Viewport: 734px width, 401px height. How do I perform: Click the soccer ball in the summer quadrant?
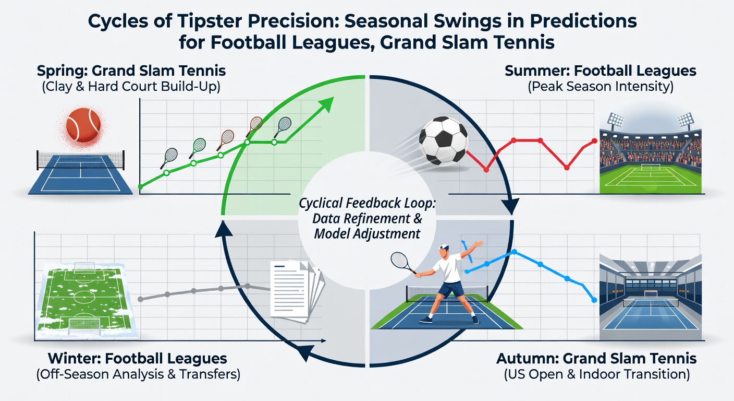coord(443,141)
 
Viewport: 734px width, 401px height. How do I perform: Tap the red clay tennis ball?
coord(83,125)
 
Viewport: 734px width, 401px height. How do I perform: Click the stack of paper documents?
coord(296,291)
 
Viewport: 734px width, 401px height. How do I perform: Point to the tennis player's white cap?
coord(444,247)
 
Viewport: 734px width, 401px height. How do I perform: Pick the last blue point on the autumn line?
coord(594,300)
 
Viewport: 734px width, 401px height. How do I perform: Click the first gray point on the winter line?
coord(141,299)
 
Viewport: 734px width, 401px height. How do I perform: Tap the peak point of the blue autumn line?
coord(514,252)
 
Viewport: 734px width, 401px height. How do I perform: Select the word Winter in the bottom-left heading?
coord(74,358)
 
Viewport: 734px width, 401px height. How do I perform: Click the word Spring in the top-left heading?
coord(62,71)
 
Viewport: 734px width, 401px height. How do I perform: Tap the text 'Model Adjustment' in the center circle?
coord(367,234)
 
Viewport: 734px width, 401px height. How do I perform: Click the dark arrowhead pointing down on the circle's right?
coord(510,206)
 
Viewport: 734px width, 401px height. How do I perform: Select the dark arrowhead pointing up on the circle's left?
coord(224,229)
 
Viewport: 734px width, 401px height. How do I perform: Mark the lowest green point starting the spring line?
coord(141,187)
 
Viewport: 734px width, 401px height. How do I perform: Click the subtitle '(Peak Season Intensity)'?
coord(601,87)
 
